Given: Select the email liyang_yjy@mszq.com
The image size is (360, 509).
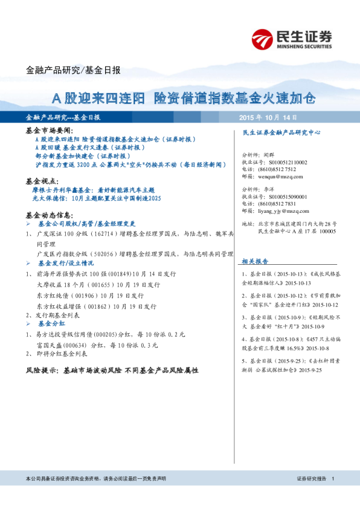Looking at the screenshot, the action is pyautogui.click(x=280, y=211).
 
